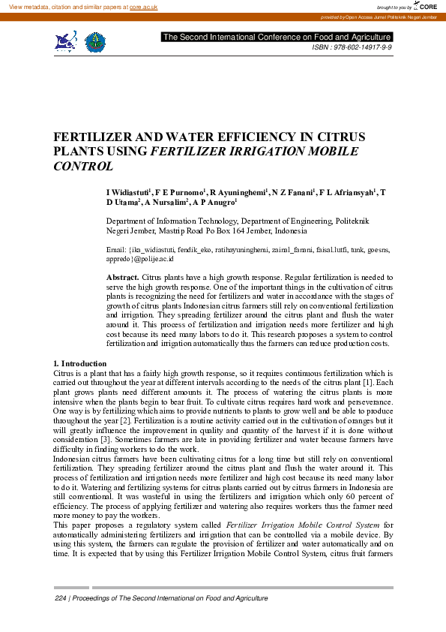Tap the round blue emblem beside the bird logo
tap(95, 42)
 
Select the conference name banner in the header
tap(277, 37)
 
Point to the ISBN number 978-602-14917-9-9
tap(362, 47)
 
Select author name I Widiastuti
tap(129, 193)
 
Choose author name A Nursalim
tap(166, 203)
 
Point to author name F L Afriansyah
tap(349, 193)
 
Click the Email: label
tap(116, 248)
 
